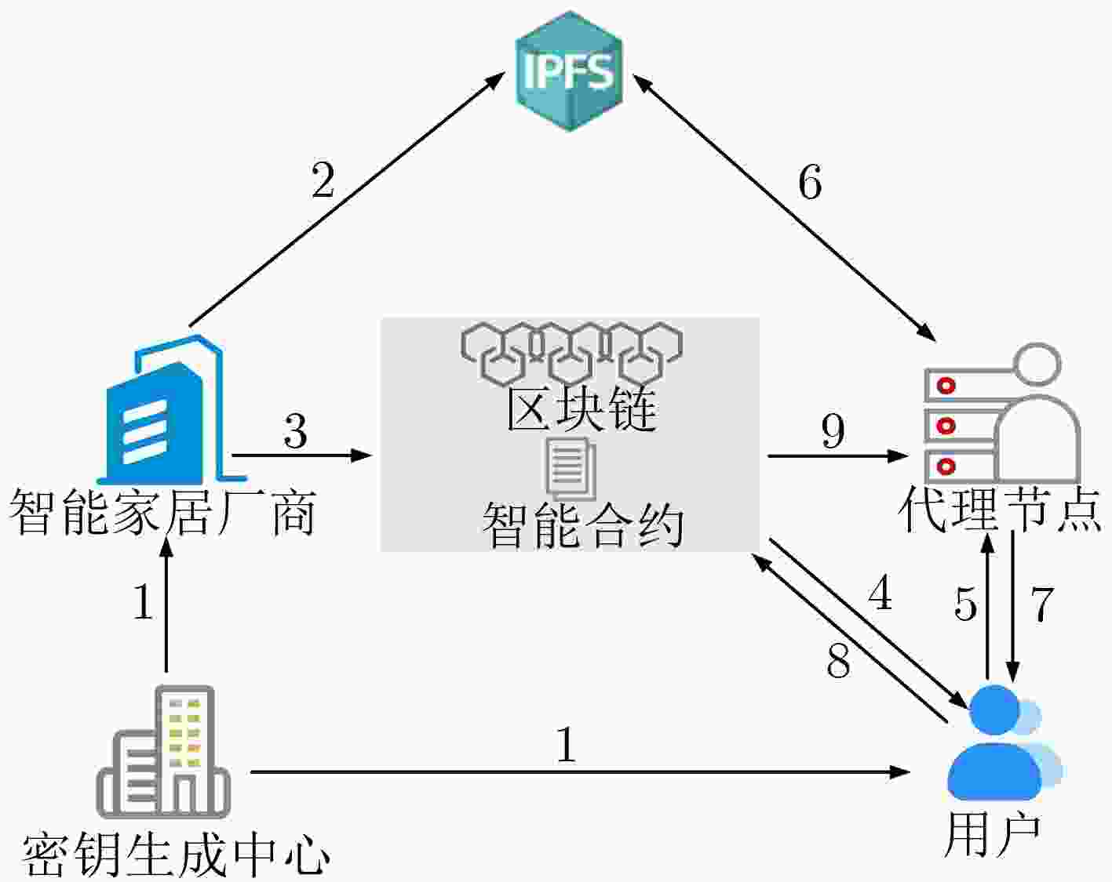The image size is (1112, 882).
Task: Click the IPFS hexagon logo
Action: coord(570,71)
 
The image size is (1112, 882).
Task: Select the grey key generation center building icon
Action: coord(163,752)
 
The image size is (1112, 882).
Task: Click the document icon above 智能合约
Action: coord(571,468)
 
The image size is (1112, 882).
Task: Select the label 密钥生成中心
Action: coord(176,854)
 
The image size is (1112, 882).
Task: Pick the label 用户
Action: coord(992,835)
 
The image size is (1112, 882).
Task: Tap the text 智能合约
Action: coord(583,525)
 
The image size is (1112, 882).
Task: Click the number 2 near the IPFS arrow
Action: coord(323,180)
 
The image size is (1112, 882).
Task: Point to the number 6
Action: coord(810,183)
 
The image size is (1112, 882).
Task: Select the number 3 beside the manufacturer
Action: coord(296,430)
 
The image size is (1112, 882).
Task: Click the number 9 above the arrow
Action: coord(833,430)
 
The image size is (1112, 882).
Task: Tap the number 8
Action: coord(838,660)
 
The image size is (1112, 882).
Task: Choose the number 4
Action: coord(880,593)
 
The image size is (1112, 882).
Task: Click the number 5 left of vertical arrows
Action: coord(965,604)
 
